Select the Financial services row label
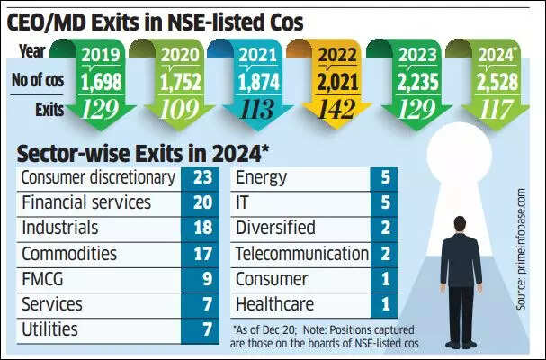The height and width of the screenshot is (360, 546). (x=85, y=202)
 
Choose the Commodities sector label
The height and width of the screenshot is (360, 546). (x=69, y=254)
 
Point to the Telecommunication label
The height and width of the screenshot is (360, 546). (x=302, y=254)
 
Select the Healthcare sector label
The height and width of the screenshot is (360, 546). (x=273, y=304)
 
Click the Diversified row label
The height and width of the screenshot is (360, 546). (x=275, y=228)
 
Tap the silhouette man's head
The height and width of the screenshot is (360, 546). (x=460, y=226)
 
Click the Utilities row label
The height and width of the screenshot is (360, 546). (x=49, y=329)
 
